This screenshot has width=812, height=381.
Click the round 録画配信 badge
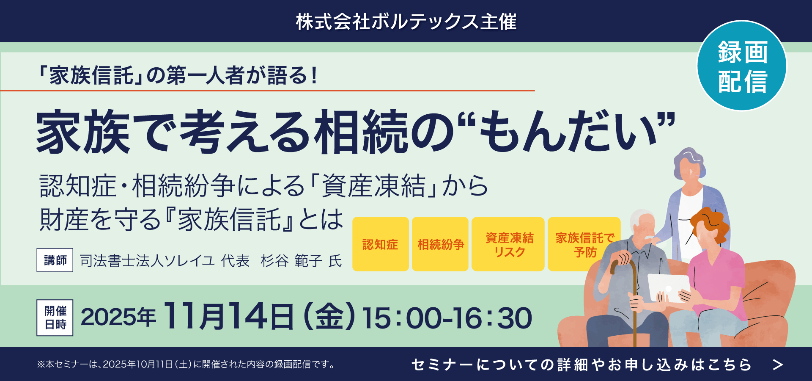pyautogui.click(x=742, y=66)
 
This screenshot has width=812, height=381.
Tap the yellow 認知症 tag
pyautogui.click(x=380, y=244)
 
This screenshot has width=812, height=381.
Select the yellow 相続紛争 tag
pyautogui.click(x=440, y=244)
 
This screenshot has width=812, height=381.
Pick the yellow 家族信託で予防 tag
pyautogui.click(x=584, y=244)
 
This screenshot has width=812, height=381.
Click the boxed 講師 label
pyautogui.click(x=55, y=260)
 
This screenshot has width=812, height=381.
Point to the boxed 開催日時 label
pyautogui.click(x=55, y=317)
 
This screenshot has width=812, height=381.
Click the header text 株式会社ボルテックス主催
pyautogui.click(x=406, y=22)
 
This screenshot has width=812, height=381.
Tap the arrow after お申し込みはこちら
pyautogui.click(x=778, y=364)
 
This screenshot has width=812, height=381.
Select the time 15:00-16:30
pyautogui.click(x=447, y=318)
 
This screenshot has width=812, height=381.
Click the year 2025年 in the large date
pyautogui.click(x=118, y=317)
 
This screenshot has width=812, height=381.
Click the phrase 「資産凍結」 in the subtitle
pyautogui.click(x=373, y=186)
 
